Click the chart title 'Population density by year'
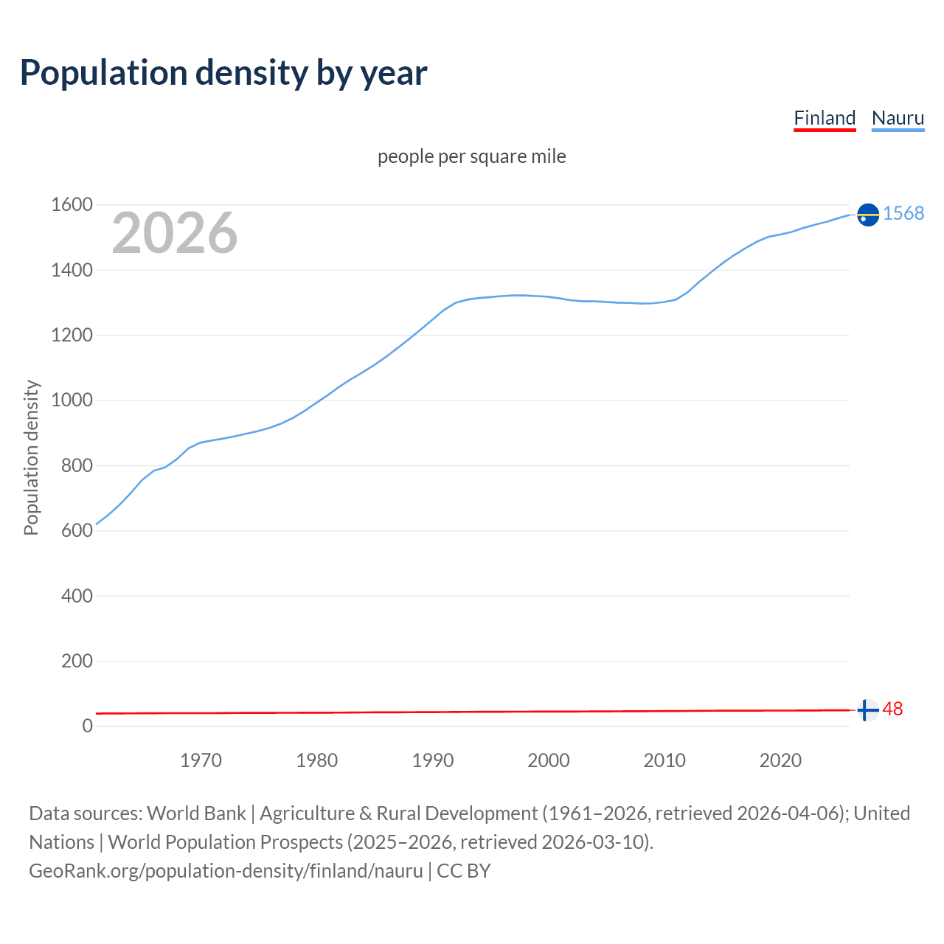[x=223, y=73]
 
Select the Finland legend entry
[x=825, y=118]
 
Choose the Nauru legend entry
[x=898, y=118]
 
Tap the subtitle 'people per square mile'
[x=472, y=156]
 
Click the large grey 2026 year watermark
[x=175, y=233]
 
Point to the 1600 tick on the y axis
[x=72, y=205]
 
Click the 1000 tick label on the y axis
[x=72, y=400]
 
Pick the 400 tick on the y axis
[x=77, y=596]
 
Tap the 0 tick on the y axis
[x=88, y=726]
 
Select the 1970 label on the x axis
[x=201, y=760]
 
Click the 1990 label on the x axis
[x=433, y=760]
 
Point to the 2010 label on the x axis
[x=664, y=760]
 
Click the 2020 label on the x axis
[x=780, y=760]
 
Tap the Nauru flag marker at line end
[x=868, y=215]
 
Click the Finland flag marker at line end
[x=868, y=710]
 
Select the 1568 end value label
[x=903, y=214]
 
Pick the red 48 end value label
[x=892, y=709]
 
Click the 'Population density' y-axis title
[x=31, y=457]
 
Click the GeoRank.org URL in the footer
[x=226, y=871]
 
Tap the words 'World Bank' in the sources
[x=196, y=813]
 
